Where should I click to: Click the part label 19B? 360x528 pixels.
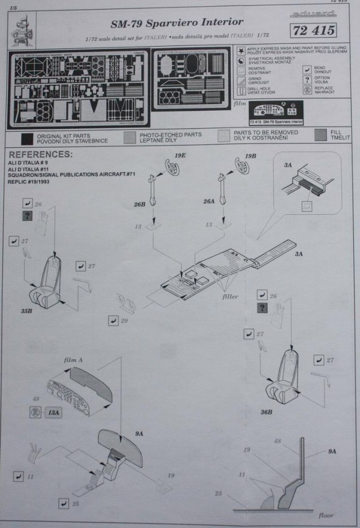[x=251, y=155]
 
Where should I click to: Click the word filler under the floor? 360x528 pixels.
[x=230, y=296]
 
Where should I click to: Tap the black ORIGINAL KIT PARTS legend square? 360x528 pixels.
[x=26, y=139]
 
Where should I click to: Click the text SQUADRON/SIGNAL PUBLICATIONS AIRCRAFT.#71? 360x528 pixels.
[x=71, y=174]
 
